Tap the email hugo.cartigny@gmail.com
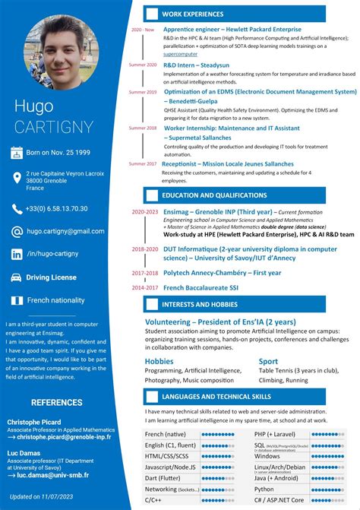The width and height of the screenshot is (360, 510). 65,230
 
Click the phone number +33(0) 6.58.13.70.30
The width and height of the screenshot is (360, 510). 57,208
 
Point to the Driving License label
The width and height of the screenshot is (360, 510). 52,277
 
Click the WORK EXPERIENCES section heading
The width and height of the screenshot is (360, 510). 193,14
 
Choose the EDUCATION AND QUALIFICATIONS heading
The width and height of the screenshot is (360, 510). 214,195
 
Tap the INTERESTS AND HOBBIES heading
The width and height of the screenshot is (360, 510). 200,305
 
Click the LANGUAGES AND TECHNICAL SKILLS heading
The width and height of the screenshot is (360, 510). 216,396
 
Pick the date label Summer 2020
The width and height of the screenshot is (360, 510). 142,65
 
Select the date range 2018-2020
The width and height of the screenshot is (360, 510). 144,249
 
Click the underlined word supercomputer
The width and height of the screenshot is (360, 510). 180,54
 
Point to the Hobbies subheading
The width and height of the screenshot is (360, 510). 159,361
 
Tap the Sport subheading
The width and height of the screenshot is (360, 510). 268,361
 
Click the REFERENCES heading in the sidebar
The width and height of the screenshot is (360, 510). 57,402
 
